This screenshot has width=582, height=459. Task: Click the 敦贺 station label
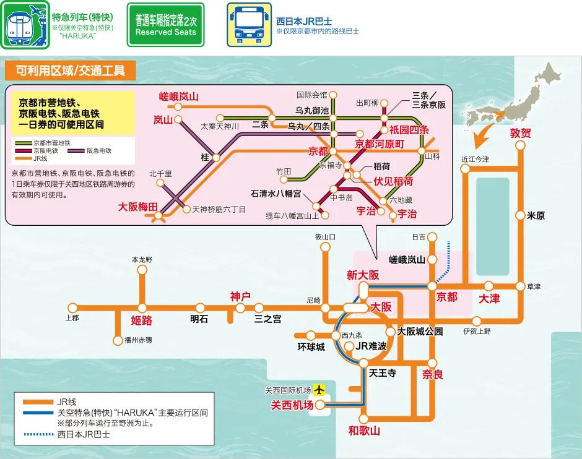[x=521, y=132]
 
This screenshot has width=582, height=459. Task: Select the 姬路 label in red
[x=142, y=320]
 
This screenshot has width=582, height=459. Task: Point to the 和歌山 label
[x=363, y=431]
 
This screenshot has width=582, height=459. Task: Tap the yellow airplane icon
[x=319, y=390]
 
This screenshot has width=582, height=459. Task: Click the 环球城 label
[x=311, y=346]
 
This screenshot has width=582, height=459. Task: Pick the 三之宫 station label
[x=267, y=319]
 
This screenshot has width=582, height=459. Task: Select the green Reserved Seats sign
[x=165, y=25]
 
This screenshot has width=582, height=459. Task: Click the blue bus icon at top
[x=248, y=25]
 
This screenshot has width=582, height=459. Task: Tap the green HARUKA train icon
[x=24, y=25]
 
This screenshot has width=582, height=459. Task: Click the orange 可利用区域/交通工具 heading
[x=70, y=70]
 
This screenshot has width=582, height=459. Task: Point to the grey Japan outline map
[x=514, y=99]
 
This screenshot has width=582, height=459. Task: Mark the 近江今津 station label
[x=476, y=160]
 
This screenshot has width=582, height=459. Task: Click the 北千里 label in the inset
[x=160, y=174]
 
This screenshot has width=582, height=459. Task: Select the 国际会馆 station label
[x=311, y=95]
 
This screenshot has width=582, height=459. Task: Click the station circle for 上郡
[x=73, y=307]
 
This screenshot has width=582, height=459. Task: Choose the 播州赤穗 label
[x=137, y=340]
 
